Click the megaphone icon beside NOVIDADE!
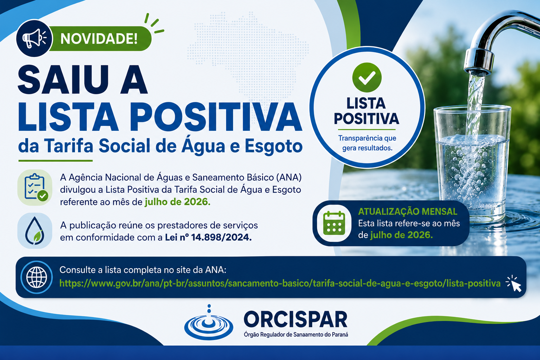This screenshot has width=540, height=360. click(34, 38)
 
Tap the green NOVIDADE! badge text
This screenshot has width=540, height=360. click(99, 39)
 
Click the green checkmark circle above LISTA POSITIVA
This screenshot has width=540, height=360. click(367, 77)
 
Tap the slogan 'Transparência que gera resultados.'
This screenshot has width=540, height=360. click(367, 143)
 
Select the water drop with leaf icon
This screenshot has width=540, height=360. click(35, 231)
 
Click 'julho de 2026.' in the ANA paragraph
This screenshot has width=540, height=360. click(178, 202)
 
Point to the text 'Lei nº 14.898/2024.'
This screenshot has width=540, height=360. click(208, 238)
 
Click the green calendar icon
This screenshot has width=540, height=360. click(334, 223)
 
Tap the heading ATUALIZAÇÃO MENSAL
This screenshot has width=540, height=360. click(408, 212)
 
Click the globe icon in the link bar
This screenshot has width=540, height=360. click(37, 277)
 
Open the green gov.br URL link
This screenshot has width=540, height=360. click(280, 284)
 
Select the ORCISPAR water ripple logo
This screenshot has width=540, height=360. click(209, 323)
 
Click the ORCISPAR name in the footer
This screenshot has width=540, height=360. click(296, 319)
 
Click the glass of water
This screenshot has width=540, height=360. click(472, 164)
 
